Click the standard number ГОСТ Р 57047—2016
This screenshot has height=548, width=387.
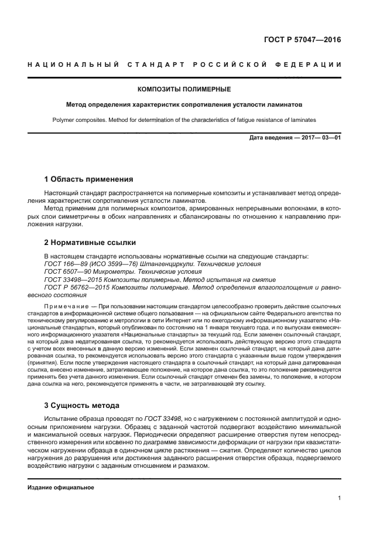(x=302, y=40)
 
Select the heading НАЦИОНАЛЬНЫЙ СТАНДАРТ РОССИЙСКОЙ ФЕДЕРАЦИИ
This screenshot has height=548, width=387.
(x=184, y=64)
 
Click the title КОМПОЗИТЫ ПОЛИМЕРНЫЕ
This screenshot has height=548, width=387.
(x=184, y=89)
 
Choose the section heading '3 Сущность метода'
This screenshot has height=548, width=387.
(x=81, y=405)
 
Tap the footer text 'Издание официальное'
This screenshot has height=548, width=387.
(x=61, y=487)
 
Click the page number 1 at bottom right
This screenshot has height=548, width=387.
(x=339, y=498)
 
